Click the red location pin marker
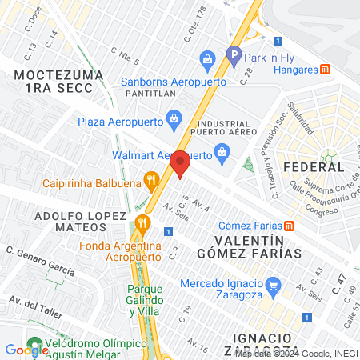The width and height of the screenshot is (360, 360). (180, 164)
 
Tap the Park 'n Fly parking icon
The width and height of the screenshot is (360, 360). (234, 57)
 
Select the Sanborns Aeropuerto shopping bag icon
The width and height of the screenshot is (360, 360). (208, 58)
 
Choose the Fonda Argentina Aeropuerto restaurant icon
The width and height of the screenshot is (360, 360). (142, 222)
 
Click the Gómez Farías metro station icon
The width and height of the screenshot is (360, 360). (290, 226)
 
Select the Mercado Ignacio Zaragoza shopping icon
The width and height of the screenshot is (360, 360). (273, 284)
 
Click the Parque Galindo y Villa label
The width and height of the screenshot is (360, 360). (146, 297)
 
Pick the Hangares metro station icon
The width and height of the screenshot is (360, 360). (326, 70)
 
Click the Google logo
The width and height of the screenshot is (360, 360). (26, 350)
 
